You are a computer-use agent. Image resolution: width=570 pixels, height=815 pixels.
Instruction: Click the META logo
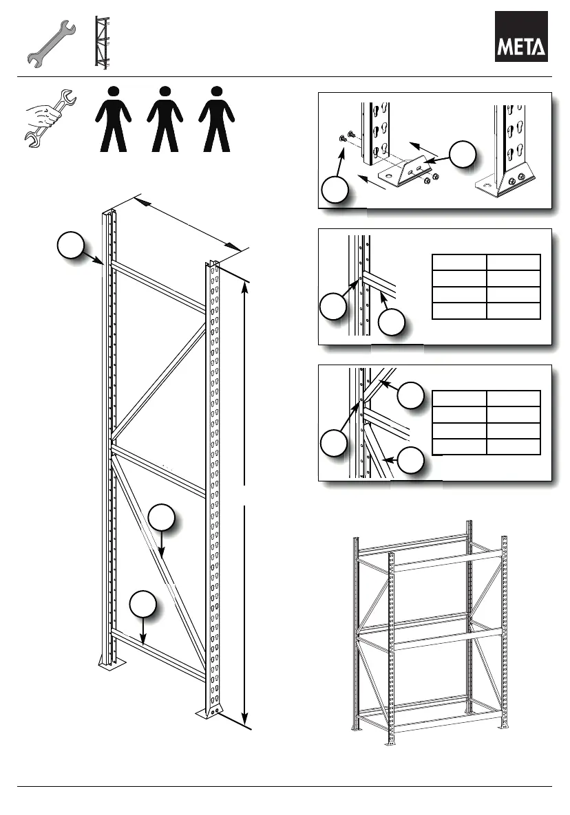(522, 36)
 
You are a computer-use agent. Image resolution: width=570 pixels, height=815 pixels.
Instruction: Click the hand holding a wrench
(45, 117)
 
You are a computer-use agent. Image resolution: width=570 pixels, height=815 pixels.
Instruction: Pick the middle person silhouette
(164, 118)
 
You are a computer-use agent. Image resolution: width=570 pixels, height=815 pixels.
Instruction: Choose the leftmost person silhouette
(113, 118)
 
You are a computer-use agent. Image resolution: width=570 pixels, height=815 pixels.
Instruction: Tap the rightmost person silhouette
(217, 118)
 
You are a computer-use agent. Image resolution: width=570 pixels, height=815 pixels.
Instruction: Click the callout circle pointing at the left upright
(71, 246)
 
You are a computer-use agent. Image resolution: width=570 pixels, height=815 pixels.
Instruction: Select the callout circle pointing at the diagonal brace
(161, 518)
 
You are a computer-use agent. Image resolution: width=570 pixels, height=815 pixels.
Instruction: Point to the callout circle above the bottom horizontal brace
(142, 603)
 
